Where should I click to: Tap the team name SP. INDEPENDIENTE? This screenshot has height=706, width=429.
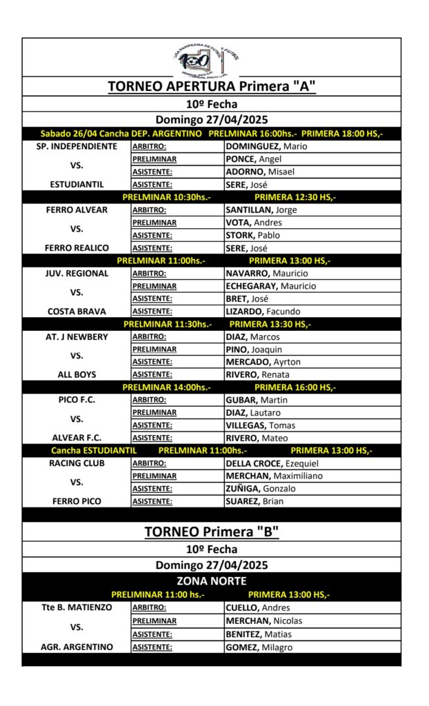click(77, 146)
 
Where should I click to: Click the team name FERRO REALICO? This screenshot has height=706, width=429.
click(77, 248)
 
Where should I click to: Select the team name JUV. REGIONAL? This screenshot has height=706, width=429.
click(77, 273)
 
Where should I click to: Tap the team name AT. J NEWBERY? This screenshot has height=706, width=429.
click(77, 336)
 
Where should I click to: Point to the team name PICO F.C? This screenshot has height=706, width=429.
click(77, 400)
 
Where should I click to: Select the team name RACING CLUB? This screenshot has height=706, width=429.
click(77, 463)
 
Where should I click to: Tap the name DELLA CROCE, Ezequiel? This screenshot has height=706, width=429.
click(272, 463)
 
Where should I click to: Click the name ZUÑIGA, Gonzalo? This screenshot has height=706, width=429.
click(261, 489)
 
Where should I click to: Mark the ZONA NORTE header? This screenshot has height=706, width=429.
click(212, 581)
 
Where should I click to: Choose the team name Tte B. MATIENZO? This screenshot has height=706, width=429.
click(77, 608)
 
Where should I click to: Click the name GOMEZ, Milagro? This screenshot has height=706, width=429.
click(259, 647)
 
